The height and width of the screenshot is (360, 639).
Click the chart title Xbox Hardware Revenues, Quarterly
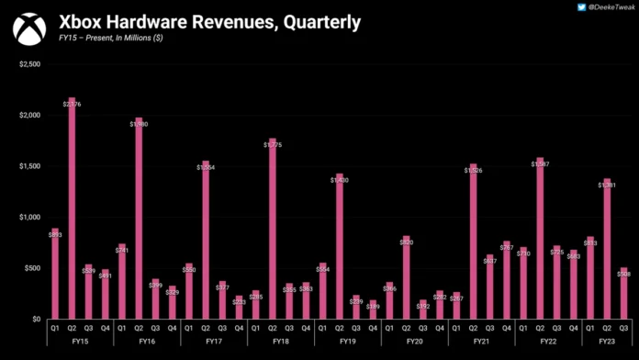209,21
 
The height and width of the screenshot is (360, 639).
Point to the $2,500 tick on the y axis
28,64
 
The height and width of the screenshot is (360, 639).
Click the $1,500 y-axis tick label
28,166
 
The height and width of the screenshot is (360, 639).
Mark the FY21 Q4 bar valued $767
506,280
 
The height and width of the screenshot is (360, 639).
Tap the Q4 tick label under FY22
573,326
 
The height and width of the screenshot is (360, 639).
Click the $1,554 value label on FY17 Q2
206,167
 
